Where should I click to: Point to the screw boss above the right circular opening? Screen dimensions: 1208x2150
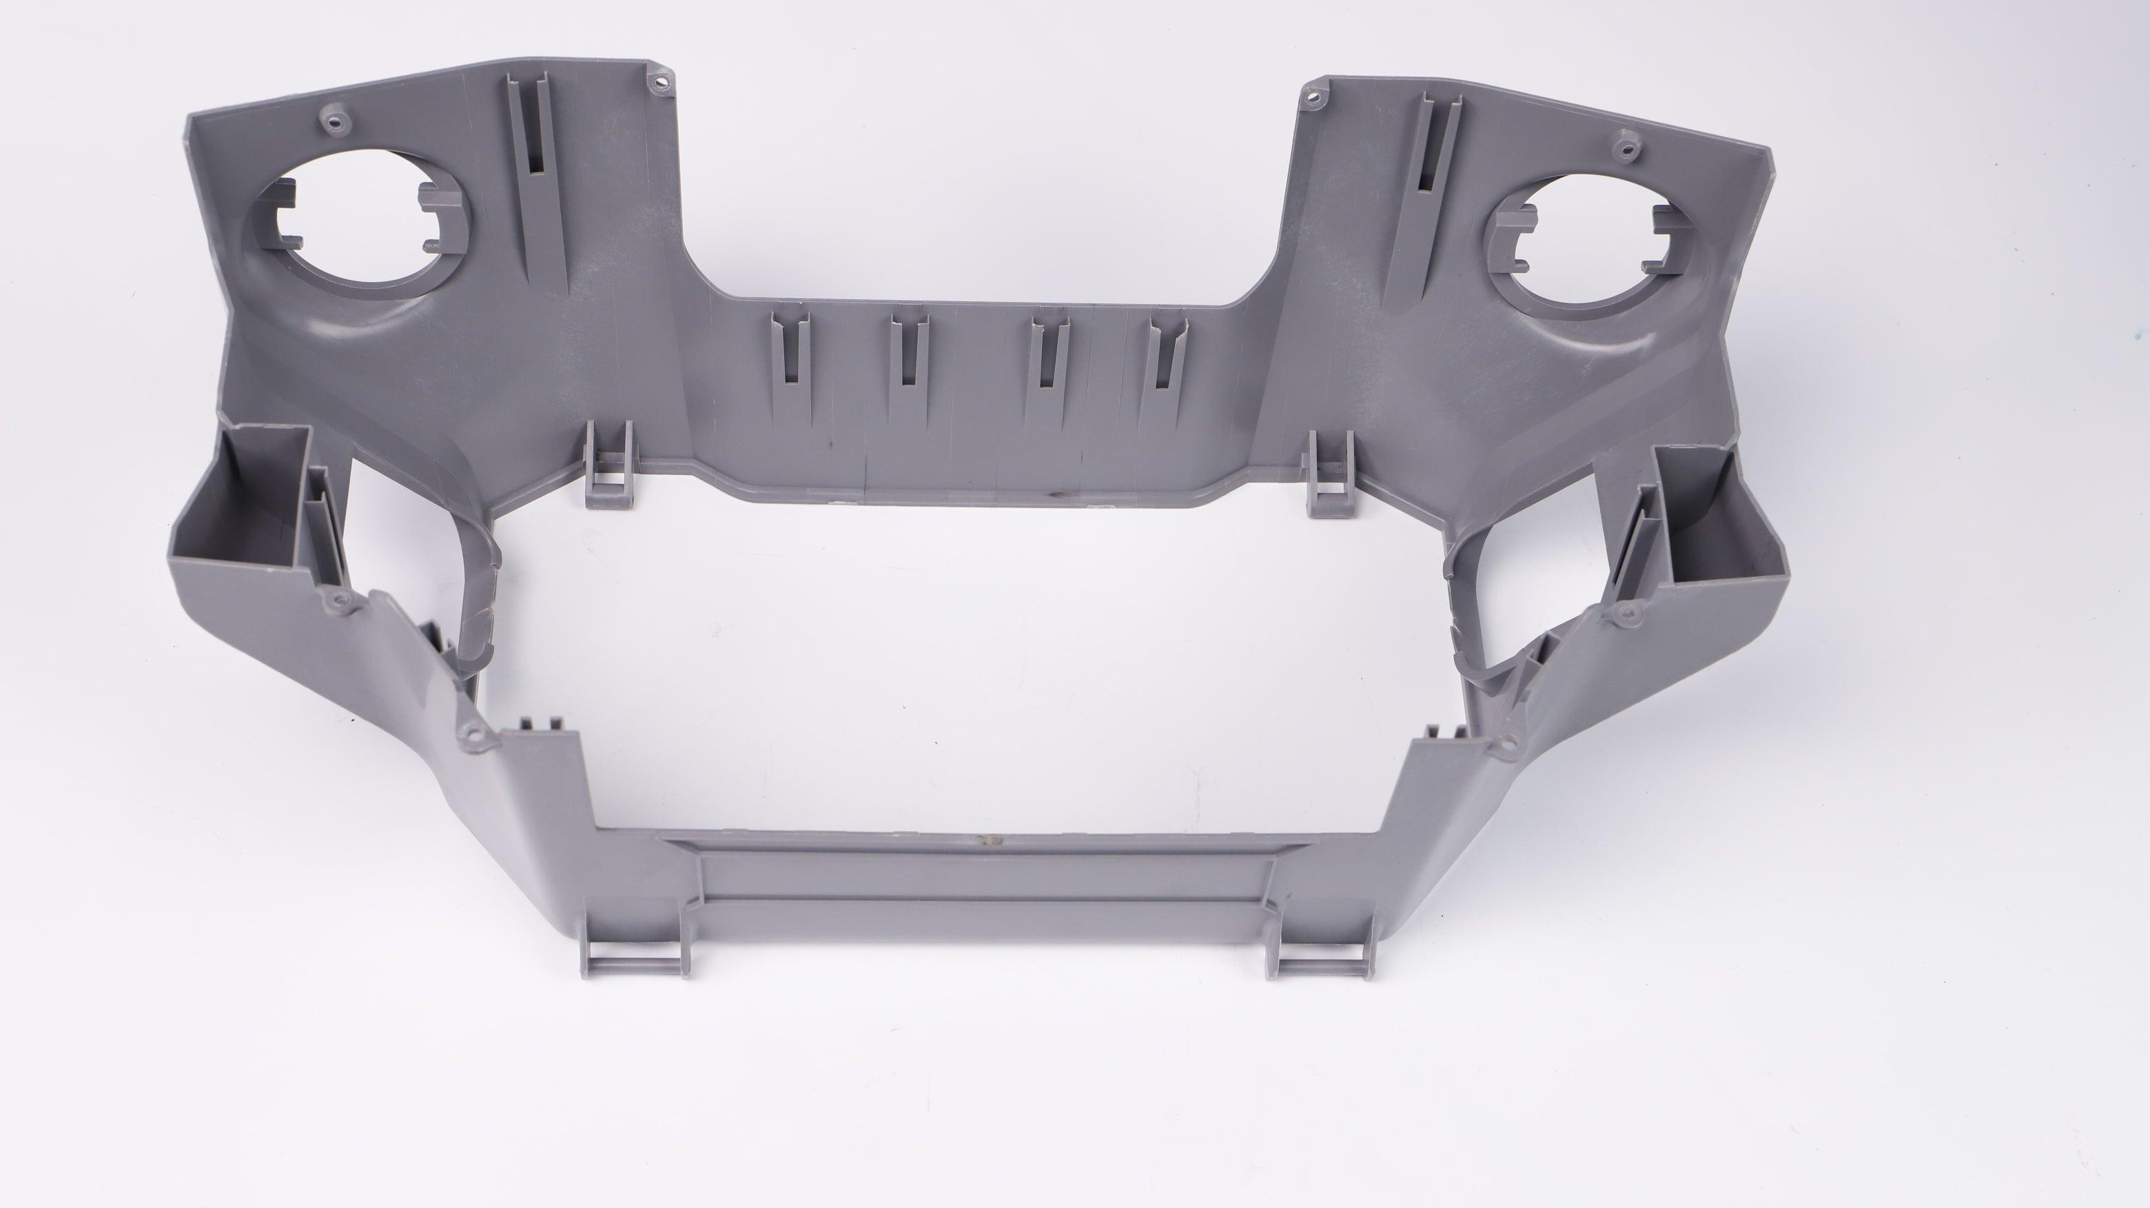coord(1624,150)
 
